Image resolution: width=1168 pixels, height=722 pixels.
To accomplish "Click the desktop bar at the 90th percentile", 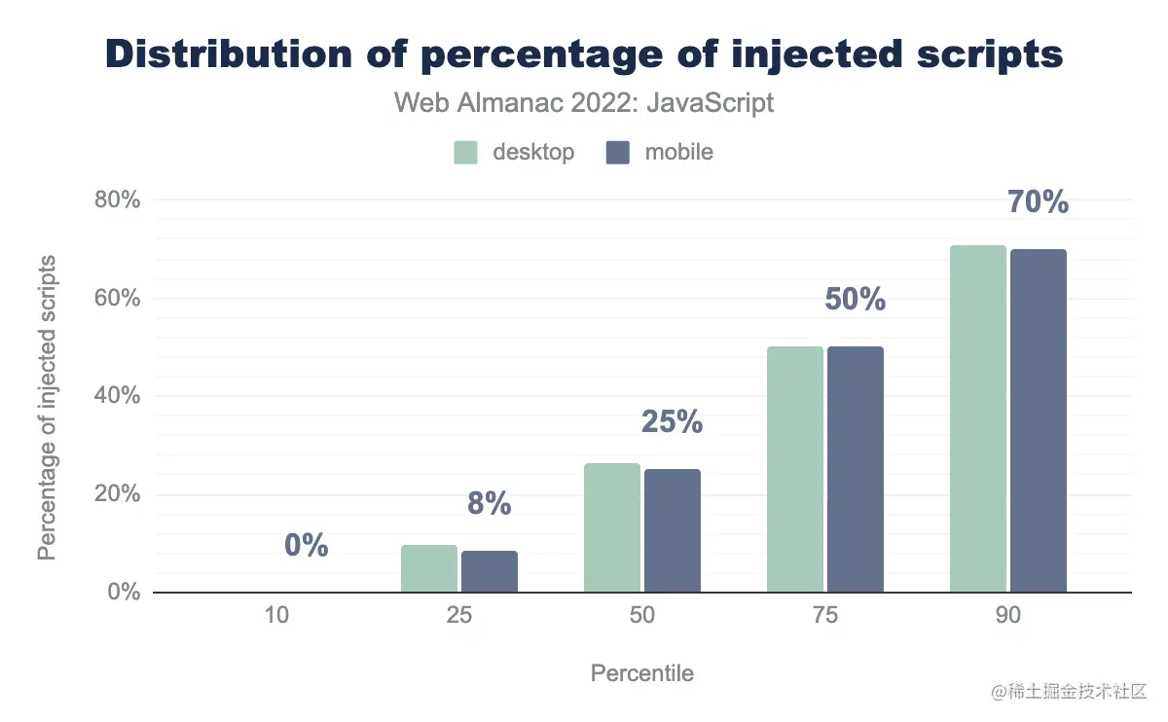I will pyautogui.click(x=977, y=418).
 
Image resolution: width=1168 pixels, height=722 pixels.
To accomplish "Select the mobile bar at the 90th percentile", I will pyautogui.click(x=1039, y=420).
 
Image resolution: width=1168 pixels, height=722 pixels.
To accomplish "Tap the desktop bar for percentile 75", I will pyautogui.click(x=794, y=469).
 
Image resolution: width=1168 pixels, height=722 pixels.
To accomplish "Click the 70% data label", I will pyautogui.click(x=1038, y=202).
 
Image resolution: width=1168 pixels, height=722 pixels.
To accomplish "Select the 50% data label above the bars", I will pyautogui.click(x=855, y=300).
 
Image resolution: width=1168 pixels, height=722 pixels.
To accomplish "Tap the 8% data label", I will pyautogui.click(x=489, y=503).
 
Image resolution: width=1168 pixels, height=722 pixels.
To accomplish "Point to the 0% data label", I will pyautogui.click(x=306, y=546).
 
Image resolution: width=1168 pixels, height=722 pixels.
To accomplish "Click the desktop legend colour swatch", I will pyautogui.click(x=466, y=153).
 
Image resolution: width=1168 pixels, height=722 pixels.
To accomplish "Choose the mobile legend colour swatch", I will pyautogui.click(x=618, y=153).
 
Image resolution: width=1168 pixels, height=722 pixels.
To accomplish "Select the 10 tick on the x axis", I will pyautogui.click(x=275, y=616).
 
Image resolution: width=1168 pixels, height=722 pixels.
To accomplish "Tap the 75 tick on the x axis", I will pyautogui.click(x=825, y=616).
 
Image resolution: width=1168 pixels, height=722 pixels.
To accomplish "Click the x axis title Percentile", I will pyautogui.click(x=642, y=672).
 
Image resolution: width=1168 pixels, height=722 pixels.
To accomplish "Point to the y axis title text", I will pyautogui.click(x=47, y=408).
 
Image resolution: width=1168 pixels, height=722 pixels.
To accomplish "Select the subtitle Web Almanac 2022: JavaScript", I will pyautogui.click(x=584, y=102).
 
